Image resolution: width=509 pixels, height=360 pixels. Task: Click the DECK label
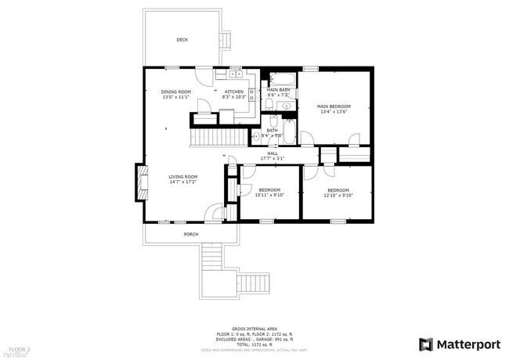coord(182,40)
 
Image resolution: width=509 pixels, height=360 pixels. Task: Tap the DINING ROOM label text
coord(175,92)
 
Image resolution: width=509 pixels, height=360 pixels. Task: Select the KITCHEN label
coord(234,92)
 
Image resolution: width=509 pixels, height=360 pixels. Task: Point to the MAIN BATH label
coord(278,90)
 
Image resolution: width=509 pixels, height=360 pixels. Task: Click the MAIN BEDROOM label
coord(333,106)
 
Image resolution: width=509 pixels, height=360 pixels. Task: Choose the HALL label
coord(273,153)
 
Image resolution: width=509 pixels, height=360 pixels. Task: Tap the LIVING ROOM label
coord(182,177)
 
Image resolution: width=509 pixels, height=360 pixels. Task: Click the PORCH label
coord(190,234)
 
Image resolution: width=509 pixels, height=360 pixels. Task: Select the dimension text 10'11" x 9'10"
coord(269,195)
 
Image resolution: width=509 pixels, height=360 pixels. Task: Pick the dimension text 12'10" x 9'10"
coord(338,195)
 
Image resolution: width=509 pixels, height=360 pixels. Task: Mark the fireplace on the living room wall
coord(141,182)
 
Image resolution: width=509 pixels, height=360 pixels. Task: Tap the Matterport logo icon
coord(426,344)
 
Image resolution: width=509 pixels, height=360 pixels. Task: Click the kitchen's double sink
coord(235,75)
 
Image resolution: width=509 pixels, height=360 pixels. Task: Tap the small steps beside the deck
coord(226,40)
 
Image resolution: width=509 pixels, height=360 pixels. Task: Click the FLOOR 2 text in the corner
coord(19,348)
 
